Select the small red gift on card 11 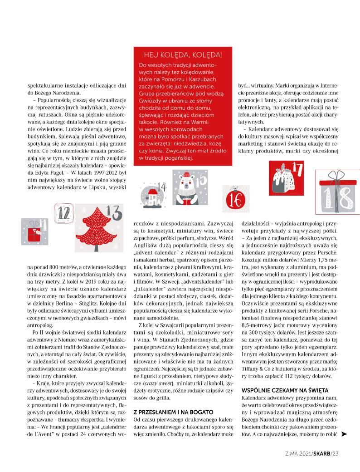pos(33,234)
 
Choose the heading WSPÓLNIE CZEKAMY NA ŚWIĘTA pos(285,390)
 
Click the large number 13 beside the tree pos(115,212)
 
